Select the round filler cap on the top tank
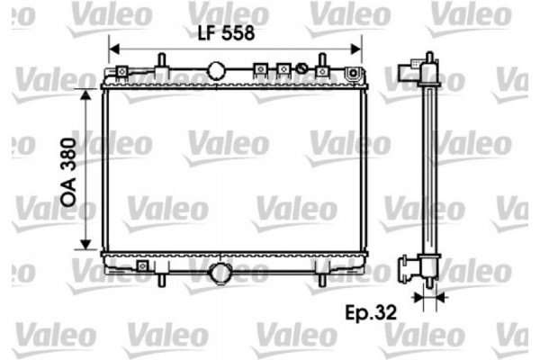click(217, 69)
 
